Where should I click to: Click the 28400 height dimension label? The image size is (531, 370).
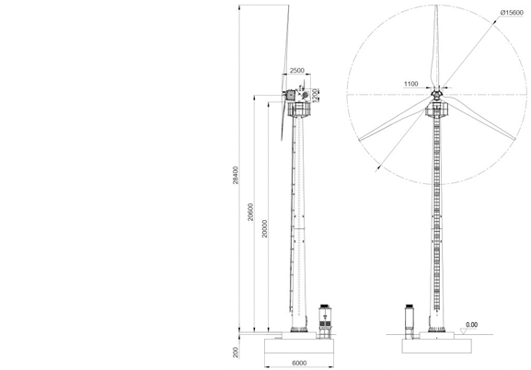pos(236,175)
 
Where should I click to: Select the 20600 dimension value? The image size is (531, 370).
pos(250,212)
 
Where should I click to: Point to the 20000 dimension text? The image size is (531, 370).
pos(265,228)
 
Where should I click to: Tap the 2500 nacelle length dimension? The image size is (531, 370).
pos(297,70)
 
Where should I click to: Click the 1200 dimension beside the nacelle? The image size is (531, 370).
pos(315,95)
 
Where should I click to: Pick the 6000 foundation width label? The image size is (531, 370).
pos(299,364)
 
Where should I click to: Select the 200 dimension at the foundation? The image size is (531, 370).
pos(236,353)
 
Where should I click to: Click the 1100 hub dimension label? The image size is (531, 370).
pos(411,84)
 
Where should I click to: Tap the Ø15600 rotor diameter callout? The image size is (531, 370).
pos(512,13)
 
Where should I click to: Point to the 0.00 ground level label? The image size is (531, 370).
pos(471,325)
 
